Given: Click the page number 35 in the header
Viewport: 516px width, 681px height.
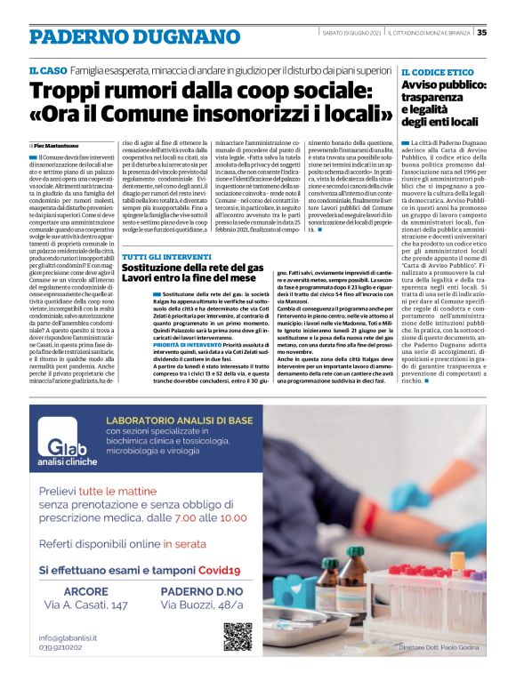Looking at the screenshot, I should coord(481,34).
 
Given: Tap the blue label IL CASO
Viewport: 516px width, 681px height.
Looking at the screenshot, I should coord(44,69).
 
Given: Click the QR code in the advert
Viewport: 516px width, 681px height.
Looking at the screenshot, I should coord(238,637).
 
